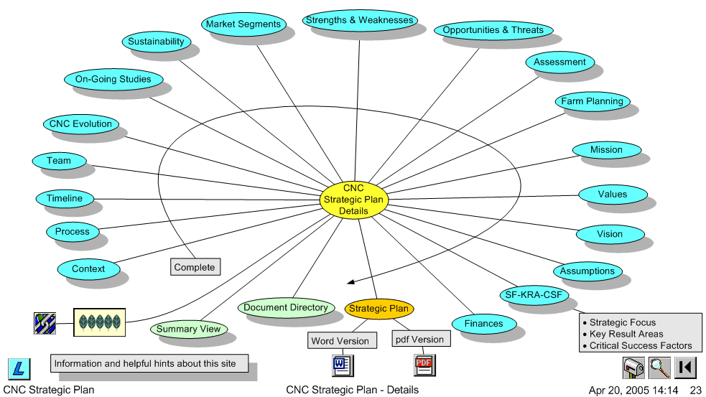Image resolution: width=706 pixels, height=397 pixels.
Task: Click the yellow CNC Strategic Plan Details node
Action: coord(353,200)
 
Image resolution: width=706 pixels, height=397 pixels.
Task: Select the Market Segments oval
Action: coord(243,24)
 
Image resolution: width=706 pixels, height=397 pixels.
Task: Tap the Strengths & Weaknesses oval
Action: coord(359,21)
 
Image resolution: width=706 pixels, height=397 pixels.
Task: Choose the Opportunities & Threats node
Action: coord(493,30)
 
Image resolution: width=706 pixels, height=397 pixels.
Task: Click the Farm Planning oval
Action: coord(592,101)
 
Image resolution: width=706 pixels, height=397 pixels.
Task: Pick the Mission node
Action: coord(606,150)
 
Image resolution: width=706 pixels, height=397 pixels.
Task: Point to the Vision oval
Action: coord(610,234)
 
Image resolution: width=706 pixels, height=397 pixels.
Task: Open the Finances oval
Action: coord(483,324)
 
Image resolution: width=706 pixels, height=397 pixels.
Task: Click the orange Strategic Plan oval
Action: coord(378,309)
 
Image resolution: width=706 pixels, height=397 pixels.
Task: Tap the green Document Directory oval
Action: coord(286,308)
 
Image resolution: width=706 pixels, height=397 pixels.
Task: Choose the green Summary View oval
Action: coord(188,330)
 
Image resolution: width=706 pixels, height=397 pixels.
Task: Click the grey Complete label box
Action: coord(195,267)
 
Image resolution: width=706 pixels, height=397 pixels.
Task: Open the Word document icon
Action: coord(340,365)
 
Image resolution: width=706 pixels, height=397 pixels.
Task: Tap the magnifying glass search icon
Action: coord(659,368)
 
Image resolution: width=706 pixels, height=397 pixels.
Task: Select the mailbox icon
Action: coord(633,368)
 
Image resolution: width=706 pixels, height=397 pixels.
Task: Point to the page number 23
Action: coord(695,391)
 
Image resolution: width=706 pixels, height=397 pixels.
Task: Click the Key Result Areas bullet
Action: coord(626,334)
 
